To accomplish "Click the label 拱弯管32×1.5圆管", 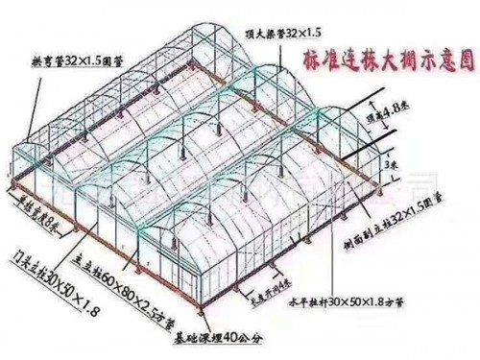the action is pyautogui.click(x=71, y=59).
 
